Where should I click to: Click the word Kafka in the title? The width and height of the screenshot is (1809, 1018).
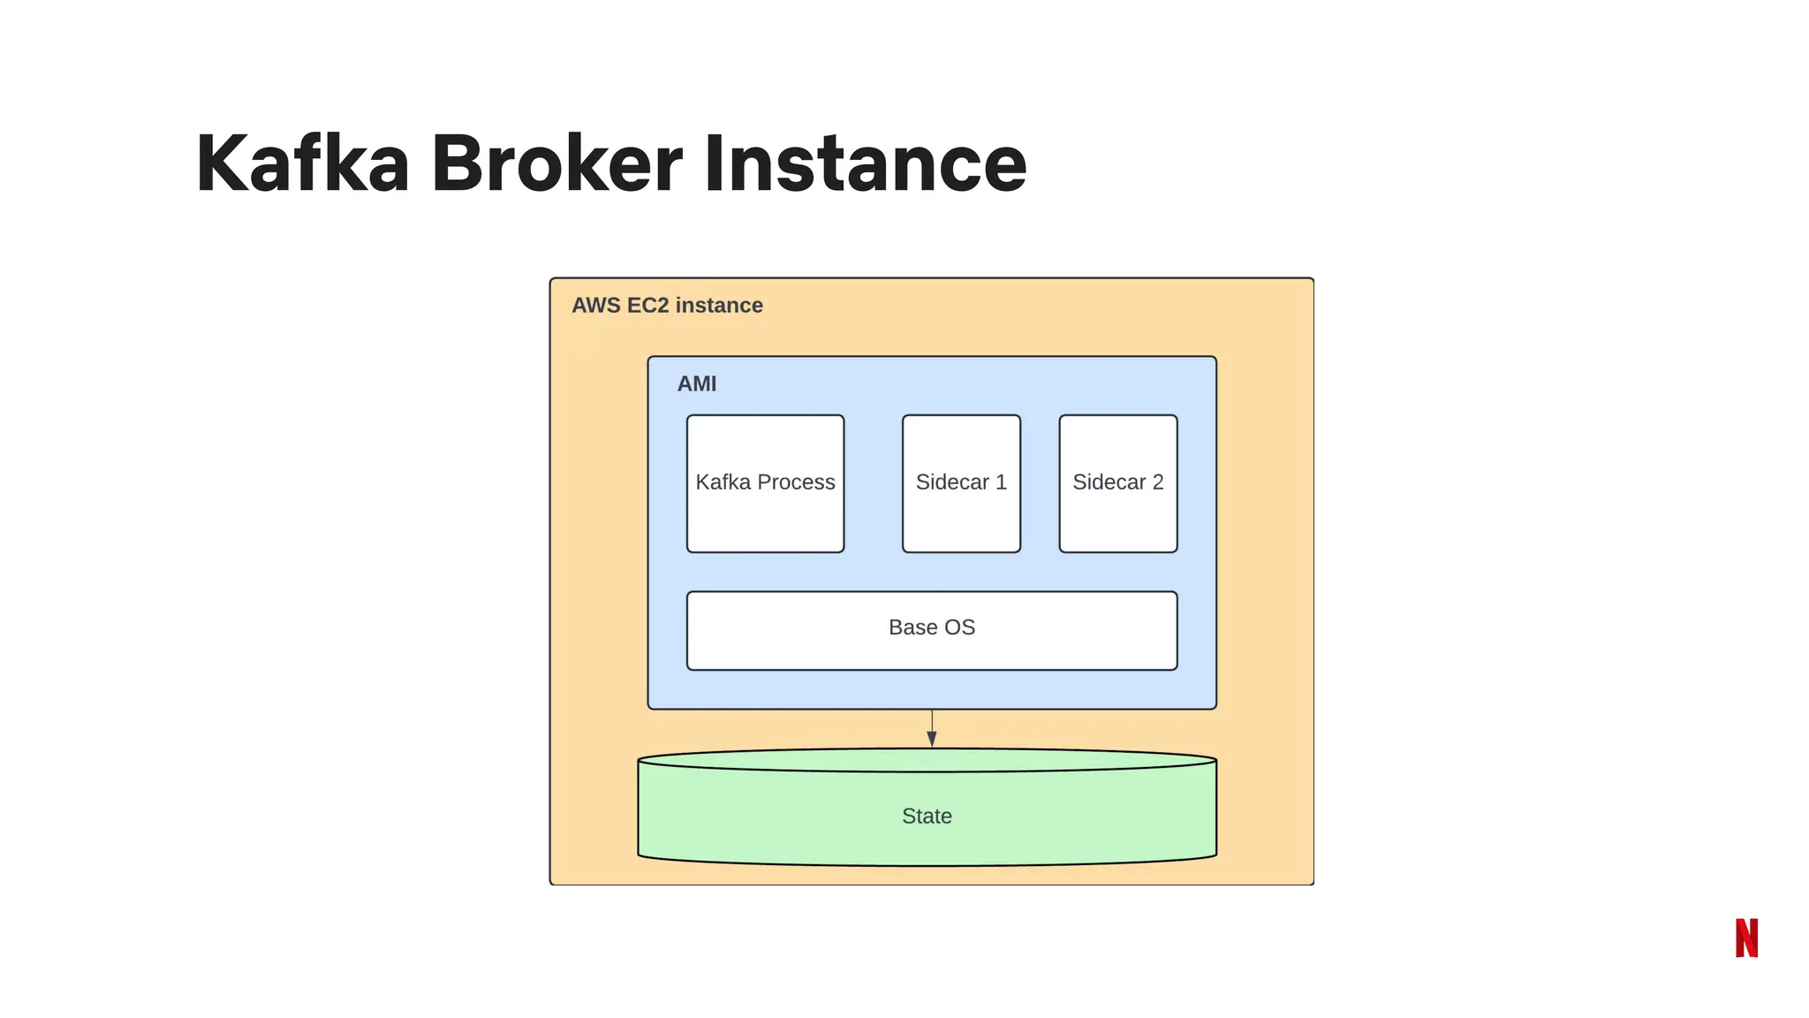[x=302, y=163]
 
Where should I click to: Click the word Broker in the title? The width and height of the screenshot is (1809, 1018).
[x=556, y=163]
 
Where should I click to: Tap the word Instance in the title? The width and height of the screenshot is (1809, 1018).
[x=865, y=163]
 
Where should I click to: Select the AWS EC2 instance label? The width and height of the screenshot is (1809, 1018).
[x=667, y=306]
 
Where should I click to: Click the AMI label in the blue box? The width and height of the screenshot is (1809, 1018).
[x=697, y=384]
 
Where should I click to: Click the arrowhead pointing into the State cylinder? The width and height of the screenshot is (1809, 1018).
[x=932, y=739]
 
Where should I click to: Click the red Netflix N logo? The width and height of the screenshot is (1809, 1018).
[x=1746, y=938]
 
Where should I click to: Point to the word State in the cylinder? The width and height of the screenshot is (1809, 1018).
[x=927, y=817]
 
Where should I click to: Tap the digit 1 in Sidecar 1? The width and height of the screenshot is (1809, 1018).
[x=1001, y=482]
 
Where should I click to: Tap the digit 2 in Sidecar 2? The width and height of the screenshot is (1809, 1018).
[x=1157, y=482]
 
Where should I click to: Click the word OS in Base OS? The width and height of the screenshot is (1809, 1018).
[x=958, y=627]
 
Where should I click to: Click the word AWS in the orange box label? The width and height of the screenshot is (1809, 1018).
[x=596, y=306]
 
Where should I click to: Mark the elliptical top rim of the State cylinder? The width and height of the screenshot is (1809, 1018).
[x=927, y=760]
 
